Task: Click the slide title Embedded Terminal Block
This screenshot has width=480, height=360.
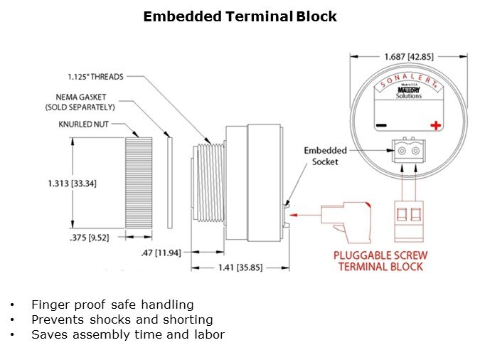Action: click(240, 16)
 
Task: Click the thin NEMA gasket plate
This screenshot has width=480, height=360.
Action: click(169, 182)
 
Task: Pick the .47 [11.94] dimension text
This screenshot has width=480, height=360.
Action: click(161, 252)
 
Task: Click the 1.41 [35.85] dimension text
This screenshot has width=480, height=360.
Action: click(238, 268)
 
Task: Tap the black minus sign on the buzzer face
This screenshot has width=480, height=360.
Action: click(381, 126)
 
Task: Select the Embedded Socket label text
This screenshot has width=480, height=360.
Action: click(325, 156)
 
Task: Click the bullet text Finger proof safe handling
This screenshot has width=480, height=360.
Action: click(112, 305)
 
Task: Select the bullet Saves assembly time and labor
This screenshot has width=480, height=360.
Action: click(128, 334)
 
